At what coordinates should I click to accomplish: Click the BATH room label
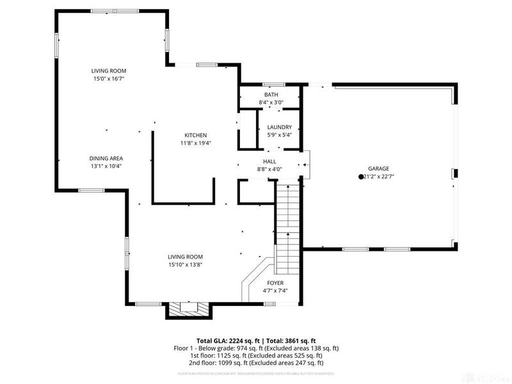pyautogui.click(x=271, y=95)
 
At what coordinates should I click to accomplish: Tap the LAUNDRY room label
pyautogui.click(x=279, y=127)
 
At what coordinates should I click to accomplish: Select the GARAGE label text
pyautogui.click(x=378, y=168)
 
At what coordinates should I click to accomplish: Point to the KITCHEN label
pyautogui.click(x=195, y=135)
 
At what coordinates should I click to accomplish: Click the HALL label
pyautogui.click(x=269, y=161)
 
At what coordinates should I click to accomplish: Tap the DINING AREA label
pyautogui.click(x=106, y=158)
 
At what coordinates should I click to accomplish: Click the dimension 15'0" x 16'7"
pyautogui.click(x=108, y=79)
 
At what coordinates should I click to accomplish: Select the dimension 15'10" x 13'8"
pyautogui.click(x=186, y=264)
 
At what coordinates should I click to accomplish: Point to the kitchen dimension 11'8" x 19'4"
pyautogui.click(x=195, y=143)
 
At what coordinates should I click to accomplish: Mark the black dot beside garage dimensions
pyautogui.click(x=360, y=177)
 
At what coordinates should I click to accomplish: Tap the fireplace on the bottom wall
pyautogui.click(x=188, y=309)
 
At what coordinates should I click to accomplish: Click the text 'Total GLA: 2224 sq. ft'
pyautogui.click(x=229, y=340)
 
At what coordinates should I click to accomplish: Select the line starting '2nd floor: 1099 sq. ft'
pyautogui.click(x=256, y=364)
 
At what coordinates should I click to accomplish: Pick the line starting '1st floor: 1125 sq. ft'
pyautogui.click(x=256, y=356)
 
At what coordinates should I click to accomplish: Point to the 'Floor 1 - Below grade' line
pyautogui.click(x=256, y=348)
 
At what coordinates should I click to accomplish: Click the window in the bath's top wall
pyautogui.click(x=275, y=84)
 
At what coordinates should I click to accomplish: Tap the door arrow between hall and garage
pyautogui.click(x=305, y=164)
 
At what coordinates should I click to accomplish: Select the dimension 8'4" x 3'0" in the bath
pyautogui.click(x=271, y=102)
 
